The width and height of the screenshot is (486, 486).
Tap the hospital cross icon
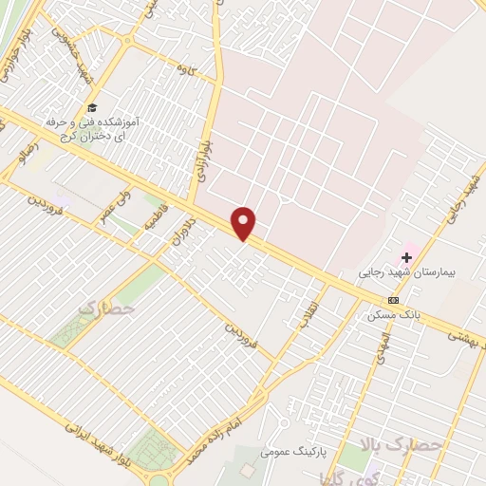[407, 255]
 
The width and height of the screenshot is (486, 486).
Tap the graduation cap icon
[92, 107]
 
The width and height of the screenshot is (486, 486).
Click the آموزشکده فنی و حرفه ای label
[92, 129]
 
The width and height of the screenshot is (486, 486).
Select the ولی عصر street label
[112, 206]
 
